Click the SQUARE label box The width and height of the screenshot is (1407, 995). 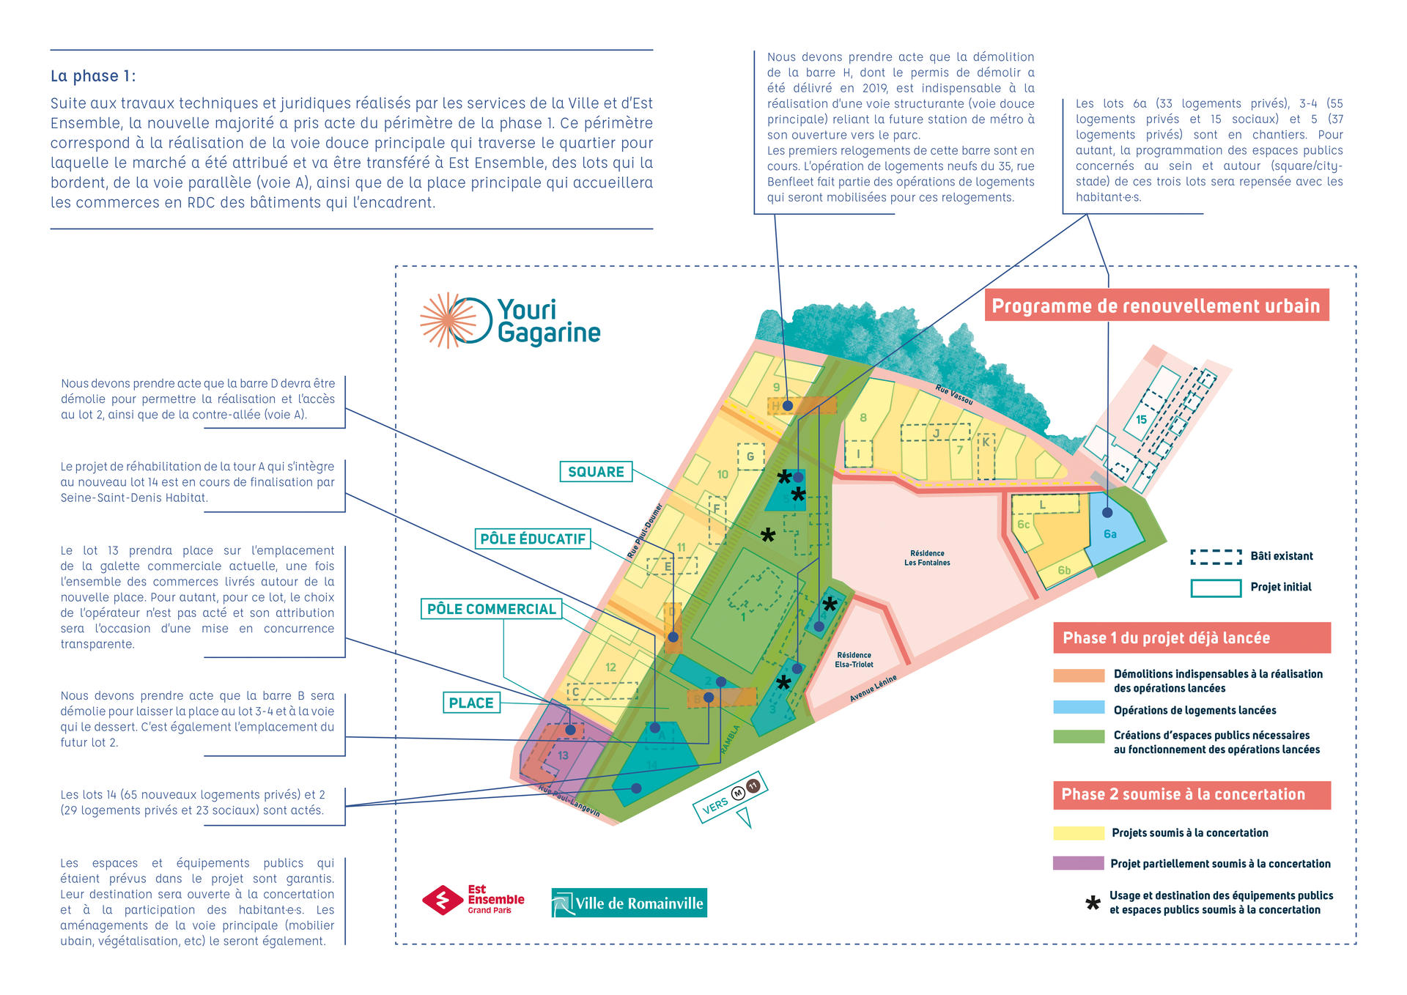click(596, 472)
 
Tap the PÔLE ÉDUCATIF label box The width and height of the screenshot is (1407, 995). click(533, 539)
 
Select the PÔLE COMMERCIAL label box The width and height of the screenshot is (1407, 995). click(491, 609)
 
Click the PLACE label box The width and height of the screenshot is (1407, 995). click(471, 703)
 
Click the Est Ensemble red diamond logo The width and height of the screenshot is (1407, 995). click(443, 900)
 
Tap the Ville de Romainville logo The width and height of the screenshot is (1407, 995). click(629, 903)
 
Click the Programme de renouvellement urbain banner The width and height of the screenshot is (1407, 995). click(1156, 306)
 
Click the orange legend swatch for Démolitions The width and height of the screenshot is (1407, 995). click(1078, 676)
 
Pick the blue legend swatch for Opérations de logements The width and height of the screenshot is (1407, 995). click(1078, 708)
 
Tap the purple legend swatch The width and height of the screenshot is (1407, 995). click(1078, 863)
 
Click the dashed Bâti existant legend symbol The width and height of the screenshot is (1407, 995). click(1216, 557)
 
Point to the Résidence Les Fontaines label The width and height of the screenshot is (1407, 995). click(927, 558)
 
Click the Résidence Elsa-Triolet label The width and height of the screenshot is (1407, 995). click(854, 660)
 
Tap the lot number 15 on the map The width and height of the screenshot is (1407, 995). click(1141, 420)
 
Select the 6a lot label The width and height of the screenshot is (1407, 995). click(1110, 534)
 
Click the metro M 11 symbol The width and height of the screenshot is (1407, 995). click(746, 789)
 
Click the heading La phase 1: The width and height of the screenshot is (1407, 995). click(93, 76)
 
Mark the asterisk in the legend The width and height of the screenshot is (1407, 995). click(1093, 903)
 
